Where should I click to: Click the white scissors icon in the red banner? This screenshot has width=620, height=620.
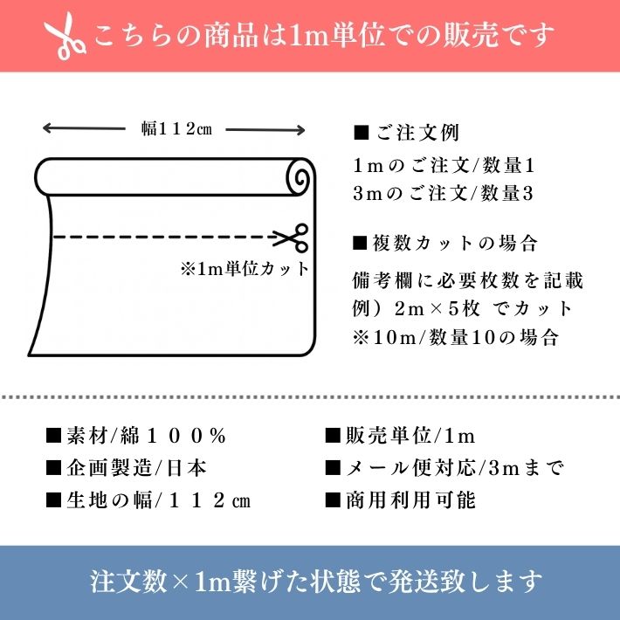click(x=67, y=36)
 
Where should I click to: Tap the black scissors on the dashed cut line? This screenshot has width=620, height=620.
click(x=290, y=238)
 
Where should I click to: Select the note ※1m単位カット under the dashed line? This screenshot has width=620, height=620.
click(x=244, y=269)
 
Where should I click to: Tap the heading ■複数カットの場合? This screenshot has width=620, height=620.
click(x=444, y=243)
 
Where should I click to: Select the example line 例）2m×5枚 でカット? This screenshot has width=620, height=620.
click(x=463, y=309)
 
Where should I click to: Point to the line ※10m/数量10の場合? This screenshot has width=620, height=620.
click(x=452, y=337)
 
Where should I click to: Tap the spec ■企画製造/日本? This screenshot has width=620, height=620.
click(x=126, y=467)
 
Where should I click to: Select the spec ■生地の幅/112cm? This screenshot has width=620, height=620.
click(x=148, y=499)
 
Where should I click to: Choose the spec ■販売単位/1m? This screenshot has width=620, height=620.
click(x=399, y=435)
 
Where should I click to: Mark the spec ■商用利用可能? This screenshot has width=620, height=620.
click(x=400, y=499)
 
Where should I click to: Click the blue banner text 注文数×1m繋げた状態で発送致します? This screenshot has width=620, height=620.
click(x=316, y=582)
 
